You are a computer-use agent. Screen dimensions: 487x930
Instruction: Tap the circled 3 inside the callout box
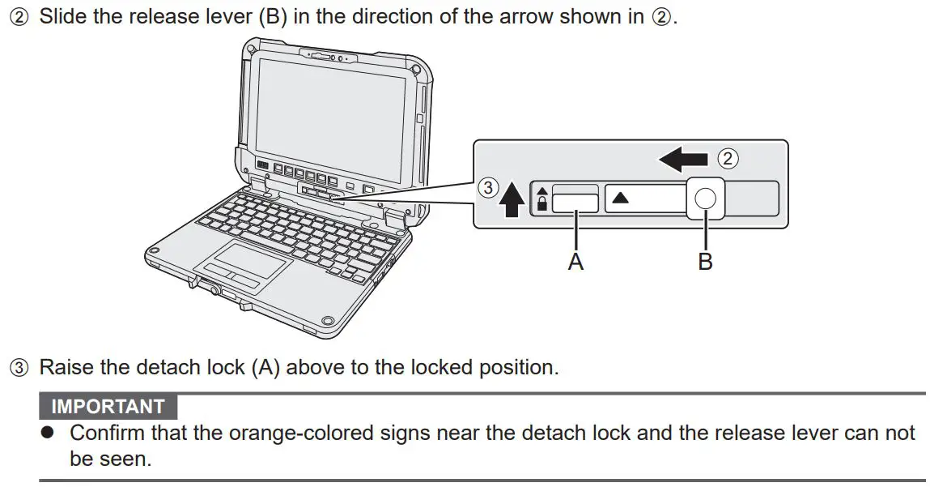[486, 188]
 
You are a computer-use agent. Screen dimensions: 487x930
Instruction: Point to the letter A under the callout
[575, 261]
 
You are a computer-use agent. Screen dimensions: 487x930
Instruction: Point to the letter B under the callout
[706, 261]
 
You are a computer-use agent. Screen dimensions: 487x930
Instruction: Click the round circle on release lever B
[706, 199]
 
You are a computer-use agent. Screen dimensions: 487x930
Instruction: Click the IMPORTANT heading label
[108, 407]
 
